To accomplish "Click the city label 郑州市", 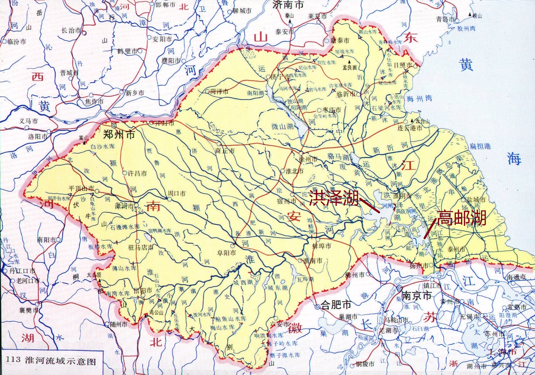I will pos(119,135).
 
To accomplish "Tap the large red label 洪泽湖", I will pos(334,198).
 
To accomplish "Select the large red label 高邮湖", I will pos(462,218).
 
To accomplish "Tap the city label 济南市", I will pos(288,4).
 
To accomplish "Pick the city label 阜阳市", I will pos(226,253).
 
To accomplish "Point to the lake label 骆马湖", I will pos(338,157).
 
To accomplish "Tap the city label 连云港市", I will pos(410,128).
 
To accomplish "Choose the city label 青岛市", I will pos(445,19).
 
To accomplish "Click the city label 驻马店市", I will pos(141,247).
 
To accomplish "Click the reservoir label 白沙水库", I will pos(103,146).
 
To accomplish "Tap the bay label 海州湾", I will pos(419,99).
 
